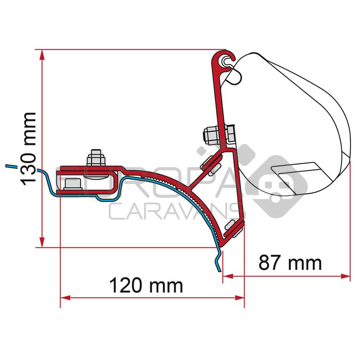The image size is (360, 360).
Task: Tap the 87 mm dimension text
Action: (290, 263)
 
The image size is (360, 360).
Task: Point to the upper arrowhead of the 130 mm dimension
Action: (42, 54)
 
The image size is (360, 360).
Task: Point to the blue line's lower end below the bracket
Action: (218, 271)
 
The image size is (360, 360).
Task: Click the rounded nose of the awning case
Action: (346, 144)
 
